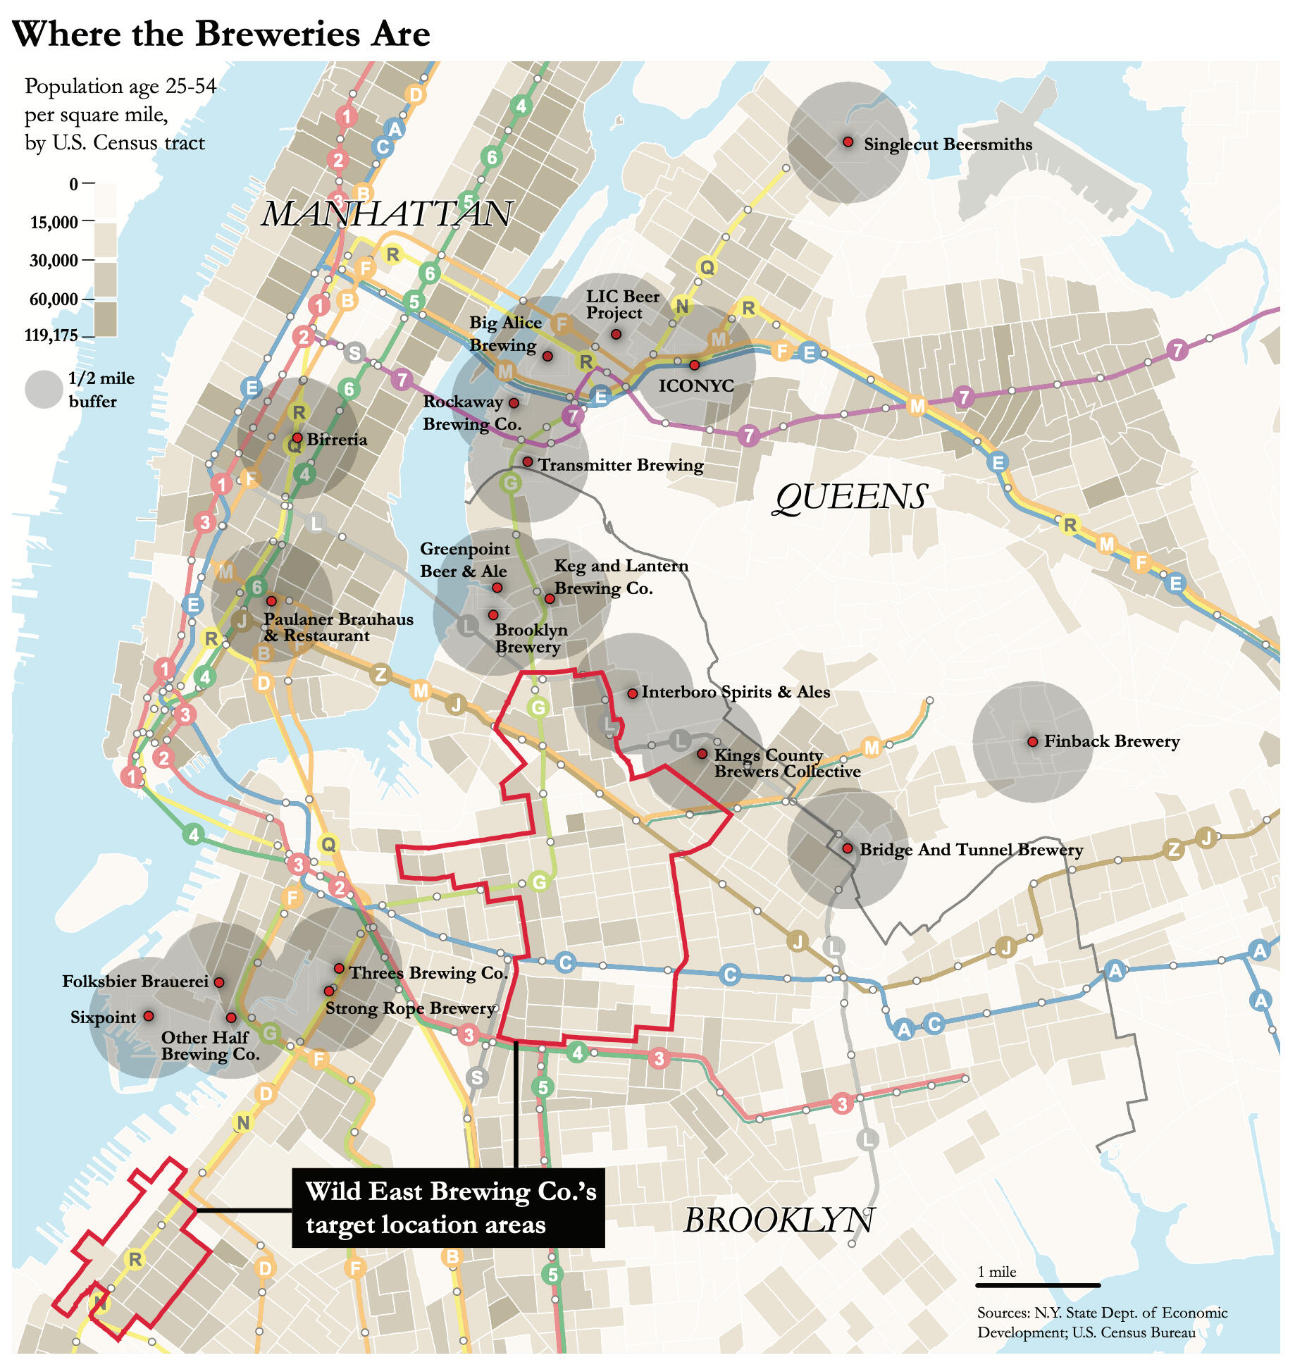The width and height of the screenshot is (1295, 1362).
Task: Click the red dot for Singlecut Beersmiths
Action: coord(848,142)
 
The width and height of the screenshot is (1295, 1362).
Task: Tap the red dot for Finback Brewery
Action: coord(1032,741)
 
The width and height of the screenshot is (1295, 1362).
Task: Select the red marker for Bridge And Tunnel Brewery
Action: coord(848,848)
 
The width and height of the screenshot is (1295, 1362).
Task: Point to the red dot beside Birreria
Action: coord(297,438)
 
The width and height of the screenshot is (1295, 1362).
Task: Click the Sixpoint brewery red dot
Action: coord(149,1016)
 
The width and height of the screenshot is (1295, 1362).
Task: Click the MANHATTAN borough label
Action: coord(386,213)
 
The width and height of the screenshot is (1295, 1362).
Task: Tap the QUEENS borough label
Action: coord(851,497)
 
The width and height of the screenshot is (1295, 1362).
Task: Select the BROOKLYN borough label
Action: coord(779,1220)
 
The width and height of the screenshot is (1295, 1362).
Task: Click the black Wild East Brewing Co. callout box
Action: coord(448,1208)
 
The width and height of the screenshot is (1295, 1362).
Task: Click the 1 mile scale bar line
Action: coord(1037,1286)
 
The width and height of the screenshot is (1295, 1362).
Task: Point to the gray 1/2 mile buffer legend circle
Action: coord(44,390)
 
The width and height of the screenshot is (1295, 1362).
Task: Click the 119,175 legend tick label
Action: coord(51,335)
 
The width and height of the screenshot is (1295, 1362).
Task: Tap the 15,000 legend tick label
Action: coord(54,223)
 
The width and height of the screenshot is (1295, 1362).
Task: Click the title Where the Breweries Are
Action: coord(221,34)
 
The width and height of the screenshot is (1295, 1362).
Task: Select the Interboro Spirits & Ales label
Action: coord(736,692)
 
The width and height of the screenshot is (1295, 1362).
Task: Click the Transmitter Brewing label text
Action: coord(621,465)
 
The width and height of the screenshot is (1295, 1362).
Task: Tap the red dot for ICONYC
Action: coord(694,365)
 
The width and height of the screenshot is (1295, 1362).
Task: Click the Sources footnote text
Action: coord(1101,1323)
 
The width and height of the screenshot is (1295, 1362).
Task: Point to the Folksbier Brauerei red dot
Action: coord(219,982)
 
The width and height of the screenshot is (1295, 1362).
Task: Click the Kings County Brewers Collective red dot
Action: coord(702,754)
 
